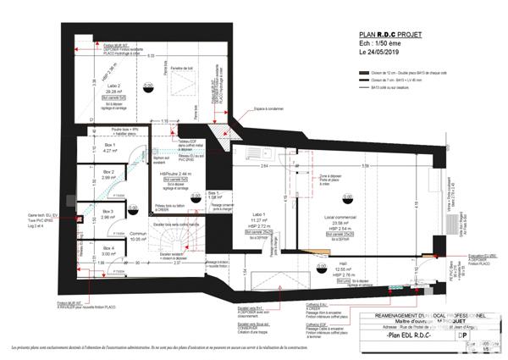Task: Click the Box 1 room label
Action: [x=108, y=145]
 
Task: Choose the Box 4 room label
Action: [x=108, y=247]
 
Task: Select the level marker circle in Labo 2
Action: [x=148, y=86]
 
